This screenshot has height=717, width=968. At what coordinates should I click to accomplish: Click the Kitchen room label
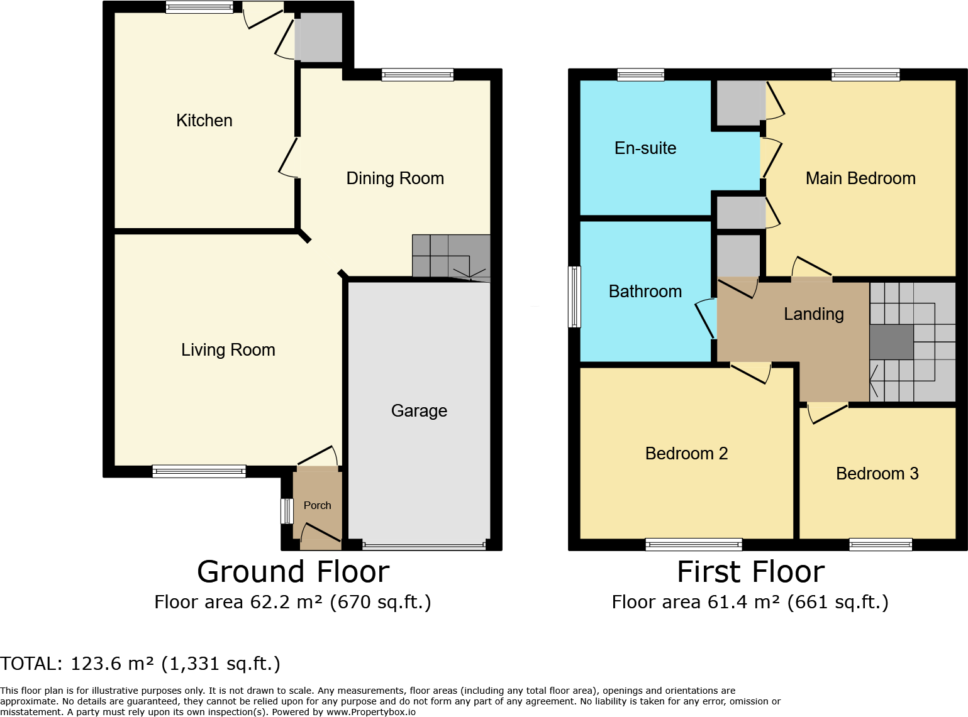[x=204, y=121]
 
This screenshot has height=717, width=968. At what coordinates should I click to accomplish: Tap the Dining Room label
[x=395, y=178]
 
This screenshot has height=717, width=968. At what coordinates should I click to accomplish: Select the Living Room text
[x=228, y=350]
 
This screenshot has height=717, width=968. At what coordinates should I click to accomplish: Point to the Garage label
[x=419, y=411]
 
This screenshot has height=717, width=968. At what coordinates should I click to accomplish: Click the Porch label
[x=317, y=505]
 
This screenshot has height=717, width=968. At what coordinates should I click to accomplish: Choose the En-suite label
[x=645, y=148]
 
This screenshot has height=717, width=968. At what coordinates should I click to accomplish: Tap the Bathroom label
[x=645, y=292]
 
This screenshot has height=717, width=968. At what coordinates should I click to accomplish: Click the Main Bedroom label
[x=860, y=178]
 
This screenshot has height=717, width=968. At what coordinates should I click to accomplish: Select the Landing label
[x=813, y=314]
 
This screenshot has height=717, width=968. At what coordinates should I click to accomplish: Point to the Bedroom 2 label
[x=686, y=454]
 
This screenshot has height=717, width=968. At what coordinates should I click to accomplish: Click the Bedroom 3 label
[x=877, y=474]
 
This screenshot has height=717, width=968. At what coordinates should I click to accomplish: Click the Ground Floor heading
[x=293, y=572]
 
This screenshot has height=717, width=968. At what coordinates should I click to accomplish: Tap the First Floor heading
[x=750, y=572]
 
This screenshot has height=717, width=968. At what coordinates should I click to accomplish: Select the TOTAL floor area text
[x=140, y=664]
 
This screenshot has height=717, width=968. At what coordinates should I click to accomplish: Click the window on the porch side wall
[x=287, y=511]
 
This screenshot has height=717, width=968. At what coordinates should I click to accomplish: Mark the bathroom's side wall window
[x=574, y=297]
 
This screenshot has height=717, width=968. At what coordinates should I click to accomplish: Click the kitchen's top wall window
[x=199, y=8]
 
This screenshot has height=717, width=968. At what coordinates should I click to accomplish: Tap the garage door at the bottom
[x=424, y=546]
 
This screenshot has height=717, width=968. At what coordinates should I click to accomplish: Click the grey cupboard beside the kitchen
[x=319, y=37]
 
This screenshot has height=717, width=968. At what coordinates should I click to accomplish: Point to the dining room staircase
[x=451, y=256]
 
